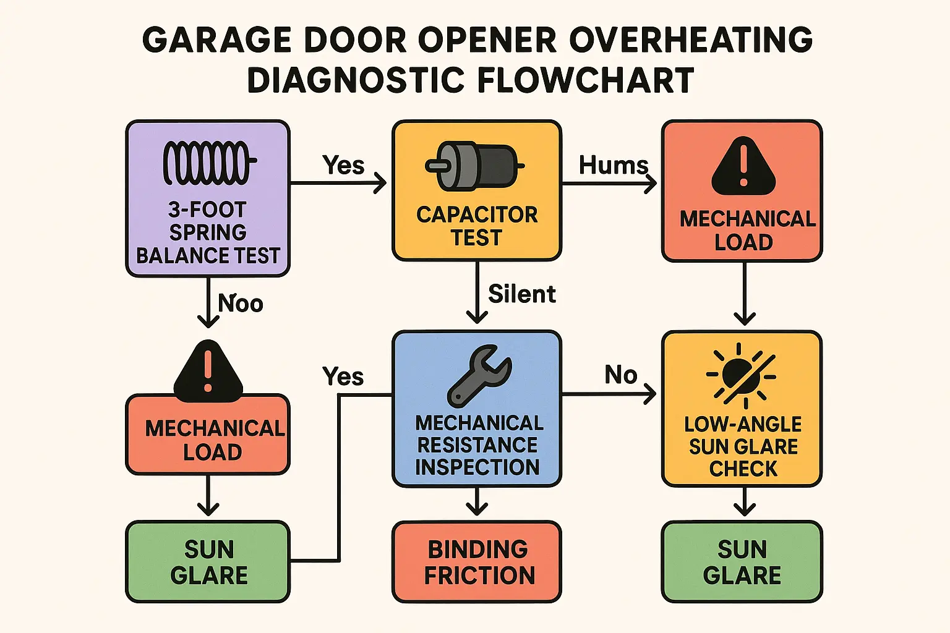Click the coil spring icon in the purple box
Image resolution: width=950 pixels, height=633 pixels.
210,163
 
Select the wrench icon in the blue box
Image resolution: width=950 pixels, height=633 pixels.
479,376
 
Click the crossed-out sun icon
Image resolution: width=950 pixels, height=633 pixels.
741,376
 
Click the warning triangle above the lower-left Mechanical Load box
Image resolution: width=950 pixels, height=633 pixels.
208,372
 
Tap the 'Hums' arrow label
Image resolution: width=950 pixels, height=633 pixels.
614,165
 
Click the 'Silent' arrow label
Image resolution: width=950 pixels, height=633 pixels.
521,294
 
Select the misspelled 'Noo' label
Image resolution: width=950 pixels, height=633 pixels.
241,304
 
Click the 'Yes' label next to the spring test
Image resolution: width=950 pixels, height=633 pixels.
343,165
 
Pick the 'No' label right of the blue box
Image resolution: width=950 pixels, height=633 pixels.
621,375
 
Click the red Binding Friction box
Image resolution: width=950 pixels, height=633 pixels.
477,561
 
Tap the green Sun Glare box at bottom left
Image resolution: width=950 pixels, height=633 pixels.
208,561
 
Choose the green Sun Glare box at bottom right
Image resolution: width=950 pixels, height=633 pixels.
742,561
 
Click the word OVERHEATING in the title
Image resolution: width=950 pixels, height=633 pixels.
691,40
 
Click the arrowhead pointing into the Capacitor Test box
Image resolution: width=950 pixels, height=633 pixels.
380,183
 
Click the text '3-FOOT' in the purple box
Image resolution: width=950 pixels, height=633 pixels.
207,210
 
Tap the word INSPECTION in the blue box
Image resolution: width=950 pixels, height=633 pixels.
477,467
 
